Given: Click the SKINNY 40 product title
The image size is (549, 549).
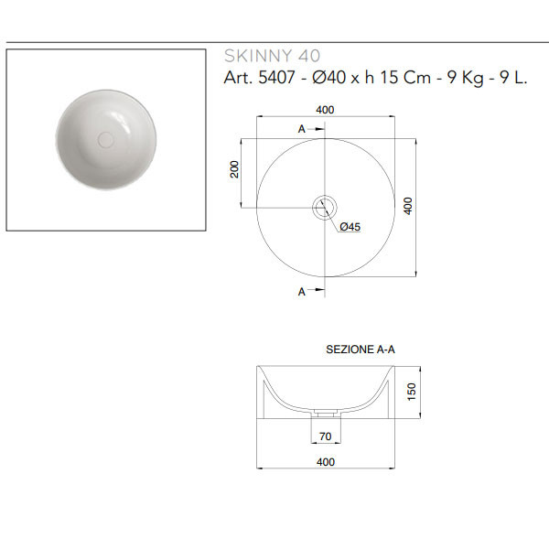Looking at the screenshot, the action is tap(272, 56).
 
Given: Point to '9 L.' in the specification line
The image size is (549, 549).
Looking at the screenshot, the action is tap(513, 78).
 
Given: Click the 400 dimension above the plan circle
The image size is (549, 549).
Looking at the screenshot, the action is tap(325, 110).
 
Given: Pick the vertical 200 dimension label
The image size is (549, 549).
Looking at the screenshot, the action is tap(234, 169).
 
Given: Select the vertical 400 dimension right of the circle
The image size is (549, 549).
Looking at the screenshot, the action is tap(408, 206).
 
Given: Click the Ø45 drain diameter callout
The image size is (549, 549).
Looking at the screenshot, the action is tap(350, 227).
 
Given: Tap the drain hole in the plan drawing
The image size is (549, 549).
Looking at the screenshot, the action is tap(325, 208).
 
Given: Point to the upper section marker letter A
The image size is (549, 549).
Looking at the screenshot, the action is tap(301, 130).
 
